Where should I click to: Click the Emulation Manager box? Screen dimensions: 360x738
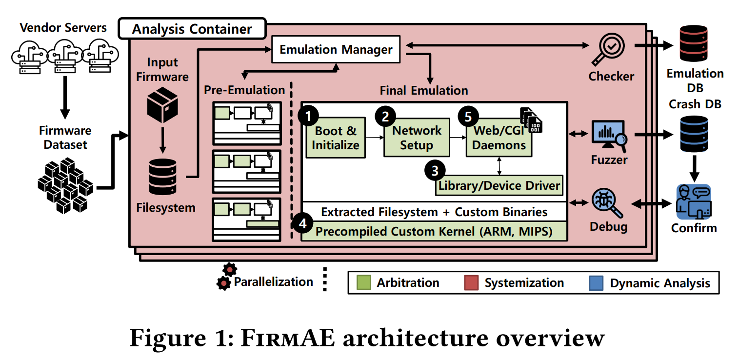[x=336, y=49]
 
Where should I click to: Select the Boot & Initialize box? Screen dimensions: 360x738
[x=336, y=138]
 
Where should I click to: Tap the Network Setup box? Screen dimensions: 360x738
[x=416, y=138]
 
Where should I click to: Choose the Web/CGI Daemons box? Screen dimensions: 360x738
[x=499, y=138]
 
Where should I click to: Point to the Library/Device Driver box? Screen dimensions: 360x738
[x=499, y=185]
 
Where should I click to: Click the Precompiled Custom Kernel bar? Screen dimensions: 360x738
[x=434, y=231]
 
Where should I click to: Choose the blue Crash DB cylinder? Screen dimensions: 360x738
[x=695, y=134]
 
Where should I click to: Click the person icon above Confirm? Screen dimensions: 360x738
[x=694, y=202]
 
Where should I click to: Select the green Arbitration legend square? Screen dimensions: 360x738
[x=364, y=283]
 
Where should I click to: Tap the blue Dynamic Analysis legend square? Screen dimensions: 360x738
[x=596, y=283]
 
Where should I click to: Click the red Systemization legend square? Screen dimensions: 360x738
[x=471, y=283]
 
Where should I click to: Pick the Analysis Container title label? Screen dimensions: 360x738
[x=192, y=29]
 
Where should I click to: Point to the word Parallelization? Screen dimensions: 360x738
[x=273, y=281]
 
